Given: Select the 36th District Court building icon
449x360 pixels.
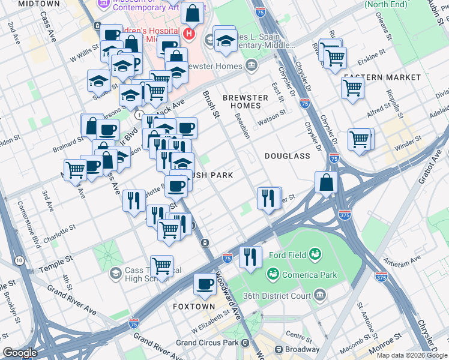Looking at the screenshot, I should (320, 295).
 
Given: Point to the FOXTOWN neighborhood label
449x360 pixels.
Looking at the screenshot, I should (194, 306).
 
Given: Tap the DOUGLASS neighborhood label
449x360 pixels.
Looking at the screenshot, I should (288, 156).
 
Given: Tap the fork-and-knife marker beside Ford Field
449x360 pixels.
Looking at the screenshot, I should (250, 256).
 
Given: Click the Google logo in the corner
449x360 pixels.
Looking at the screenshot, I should (20, 353).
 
